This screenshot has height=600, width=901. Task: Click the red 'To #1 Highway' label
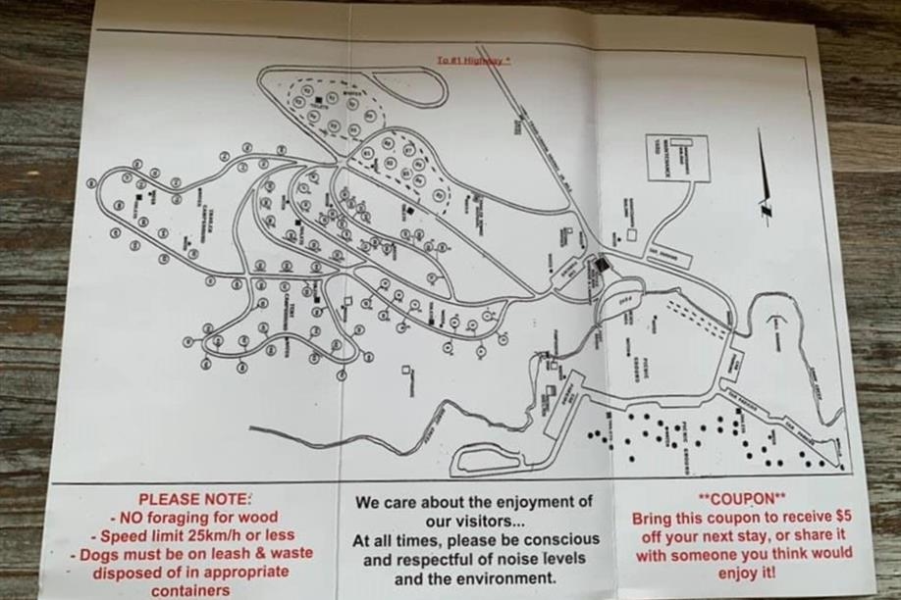(474, 61)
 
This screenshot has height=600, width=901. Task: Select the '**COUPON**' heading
(744, 498)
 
